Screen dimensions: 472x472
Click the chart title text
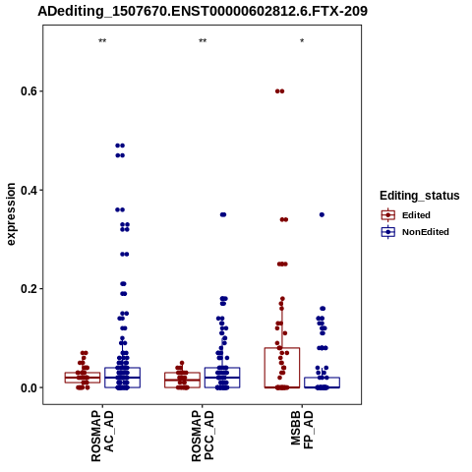203,11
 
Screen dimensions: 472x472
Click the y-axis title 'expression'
11,214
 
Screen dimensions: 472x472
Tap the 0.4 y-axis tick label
29,190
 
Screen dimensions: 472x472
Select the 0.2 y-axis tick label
29,289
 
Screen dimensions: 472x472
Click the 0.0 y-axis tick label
29,387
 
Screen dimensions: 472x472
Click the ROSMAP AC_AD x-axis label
102,437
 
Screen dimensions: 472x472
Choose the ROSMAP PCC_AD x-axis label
203,437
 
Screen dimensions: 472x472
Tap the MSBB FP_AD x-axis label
302,430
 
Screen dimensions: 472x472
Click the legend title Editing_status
420,196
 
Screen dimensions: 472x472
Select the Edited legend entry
406,215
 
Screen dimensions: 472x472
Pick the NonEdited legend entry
415,232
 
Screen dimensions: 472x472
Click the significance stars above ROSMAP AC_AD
102,41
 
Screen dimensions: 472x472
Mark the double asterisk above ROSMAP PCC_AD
203,41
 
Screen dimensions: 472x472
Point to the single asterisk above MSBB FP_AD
302,41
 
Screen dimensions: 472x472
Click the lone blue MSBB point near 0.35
322,214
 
